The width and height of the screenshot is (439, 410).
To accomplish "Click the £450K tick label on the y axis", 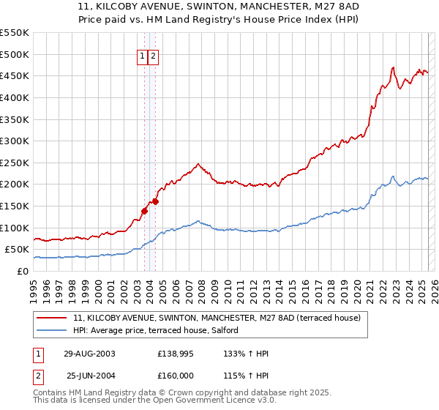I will click(x=15, y=75).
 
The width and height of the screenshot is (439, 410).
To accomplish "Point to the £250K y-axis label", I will click(x=15, y=163).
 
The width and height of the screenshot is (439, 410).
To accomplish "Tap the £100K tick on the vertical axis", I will click(x=15, y=228).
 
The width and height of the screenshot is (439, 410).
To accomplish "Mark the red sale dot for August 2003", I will click(x=144, y=211).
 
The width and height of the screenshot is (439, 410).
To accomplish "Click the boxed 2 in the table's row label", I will click(x=37, y=375).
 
